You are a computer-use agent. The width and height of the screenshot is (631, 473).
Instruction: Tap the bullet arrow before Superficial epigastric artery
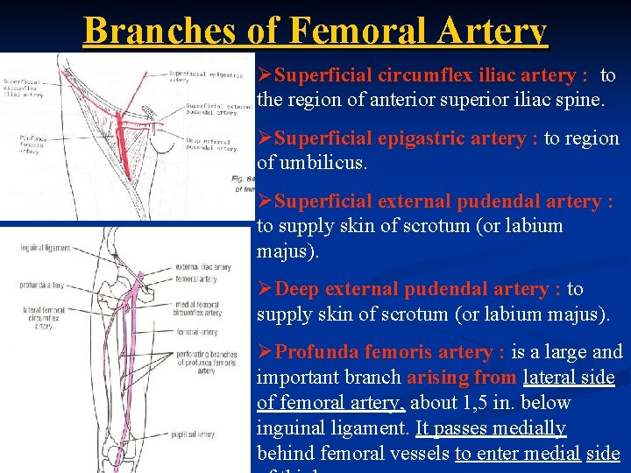(x=266, y=138)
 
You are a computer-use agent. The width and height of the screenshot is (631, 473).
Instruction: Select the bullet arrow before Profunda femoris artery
(x=266, y=352)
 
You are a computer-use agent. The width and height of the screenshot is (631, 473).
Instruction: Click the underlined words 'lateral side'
(x=569, y=378)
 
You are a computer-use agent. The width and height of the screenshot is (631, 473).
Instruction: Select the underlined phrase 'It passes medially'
(x=491, y=428)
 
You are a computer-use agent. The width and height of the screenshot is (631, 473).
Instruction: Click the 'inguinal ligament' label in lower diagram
(x=46, y=249)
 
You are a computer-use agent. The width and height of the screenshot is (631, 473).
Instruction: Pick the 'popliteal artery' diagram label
(x=194, y=434)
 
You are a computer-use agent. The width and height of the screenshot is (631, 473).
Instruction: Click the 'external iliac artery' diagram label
(x=203, y=267)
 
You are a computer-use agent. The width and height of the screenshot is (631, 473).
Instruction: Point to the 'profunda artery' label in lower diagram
(x=43, y=285)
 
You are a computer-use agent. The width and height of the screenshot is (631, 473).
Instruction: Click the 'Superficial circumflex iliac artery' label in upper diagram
(x=27, y=88)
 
